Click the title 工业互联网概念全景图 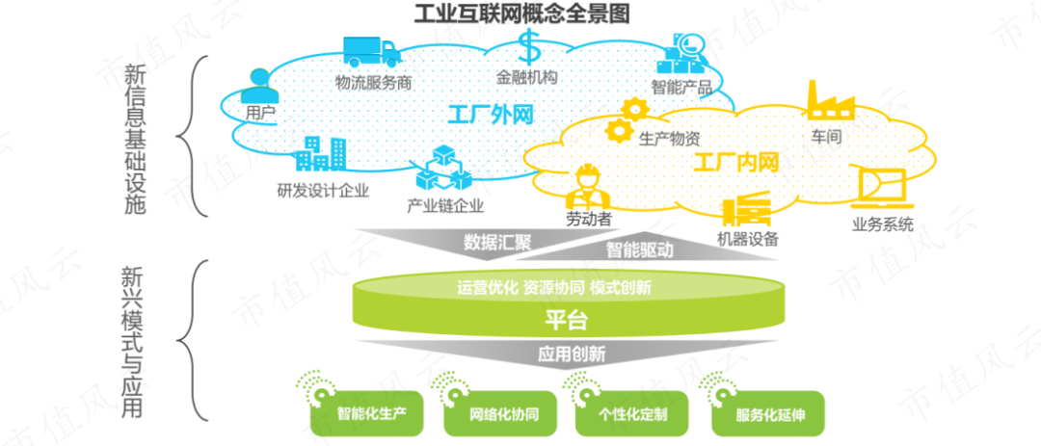pos(521,13)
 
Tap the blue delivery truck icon pos(371,51)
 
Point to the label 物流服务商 pos(373,82)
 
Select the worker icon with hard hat pos(586,184)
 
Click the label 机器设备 pos(748,238)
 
